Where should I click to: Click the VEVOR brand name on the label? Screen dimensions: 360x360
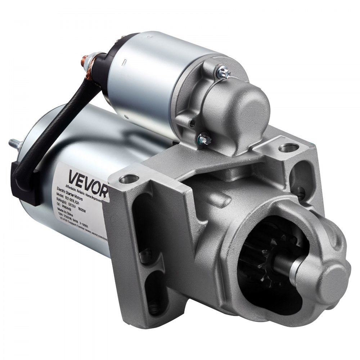86,177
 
